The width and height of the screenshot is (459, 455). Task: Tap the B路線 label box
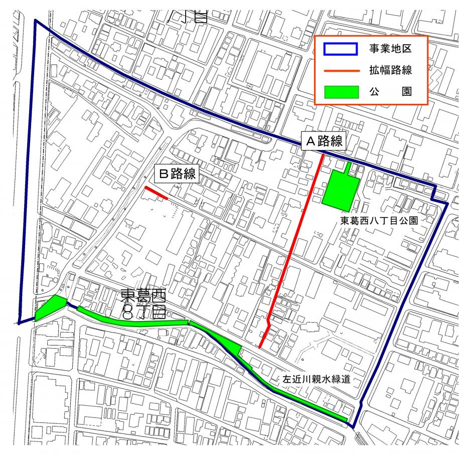tap(177, 174)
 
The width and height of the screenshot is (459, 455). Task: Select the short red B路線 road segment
tap(156, 193)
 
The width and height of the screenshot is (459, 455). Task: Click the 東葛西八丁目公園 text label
tap(379, 220)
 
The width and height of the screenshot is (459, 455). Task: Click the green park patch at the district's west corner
tap(50, 307)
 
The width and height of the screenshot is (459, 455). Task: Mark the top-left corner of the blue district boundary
tap(36, 21)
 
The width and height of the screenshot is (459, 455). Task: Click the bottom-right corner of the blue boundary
tap(353, 427)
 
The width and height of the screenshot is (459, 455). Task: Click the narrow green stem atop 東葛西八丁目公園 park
tap(349, 167)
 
